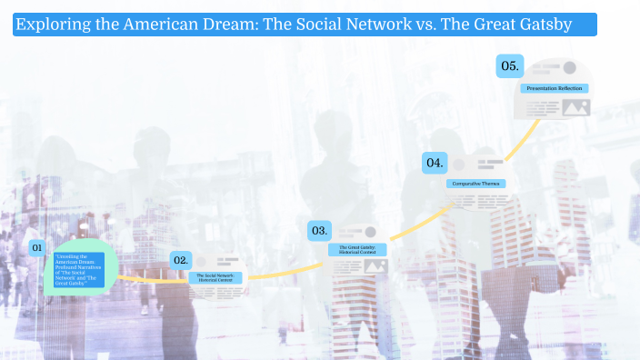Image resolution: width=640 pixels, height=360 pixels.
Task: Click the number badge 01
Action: coord(37,247)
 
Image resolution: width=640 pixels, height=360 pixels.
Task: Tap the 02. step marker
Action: coord(181,260)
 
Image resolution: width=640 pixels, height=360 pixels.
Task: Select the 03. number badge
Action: coord(319,231)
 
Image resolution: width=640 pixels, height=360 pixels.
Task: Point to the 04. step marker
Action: coord(435,163)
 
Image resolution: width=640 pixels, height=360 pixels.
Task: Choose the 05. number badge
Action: coord(509,65)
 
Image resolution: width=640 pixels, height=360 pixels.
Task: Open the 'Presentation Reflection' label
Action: coord(555,88)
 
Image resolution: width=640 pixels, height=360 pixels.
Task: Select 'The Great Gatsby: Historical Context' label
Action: coord(357,249)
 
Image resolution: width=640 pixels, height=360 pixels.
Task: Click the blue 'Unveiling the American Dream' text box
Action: coord(78,269)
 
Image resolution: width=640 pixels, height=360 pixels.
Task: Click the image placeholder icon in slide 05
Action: coord(575,107)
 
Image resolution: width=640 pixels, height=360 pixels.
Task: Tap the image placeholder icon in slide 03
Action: coord(375,266)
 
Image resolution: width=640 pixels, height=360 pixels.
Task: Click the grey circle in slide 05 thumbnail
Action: coord(569,68)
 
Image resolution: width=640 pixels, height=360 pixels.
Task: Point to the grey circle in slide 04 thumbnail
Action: coord(460,165)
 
